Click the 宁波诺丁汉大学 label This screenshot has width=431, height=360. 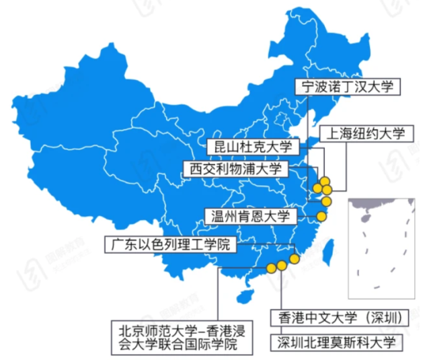pyautogui.click(x=348, y=87)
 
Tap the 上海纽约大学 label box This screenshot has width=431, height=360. pyautogui.click(x=366, y=133)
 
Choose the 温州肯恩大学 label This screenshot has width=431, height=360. pyautogui.click(x=249, y=217)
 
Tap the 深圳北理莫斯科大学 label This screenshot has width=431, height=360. pyautogui.click(x=336, y=341)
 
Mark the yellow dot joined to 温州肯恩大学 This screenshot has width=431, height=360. pyautogui.click(x=321, y=216)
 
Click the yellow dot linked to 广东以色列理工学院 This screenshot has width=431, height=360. pyautogui.click(x=294, y=258)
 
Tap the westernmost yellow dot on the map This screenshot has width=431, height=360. pyautogui.click(x=271, y=267)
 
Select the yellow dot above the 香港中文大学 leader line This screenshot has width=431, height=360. pyautogui.click(x=282, y=265)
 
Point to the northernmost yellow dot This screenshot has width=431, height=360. pyautogui.click(x=325, y=180)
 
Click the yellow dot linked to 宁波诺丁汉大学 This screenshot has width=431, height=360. pyautogui.click(x=326, y=201)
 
